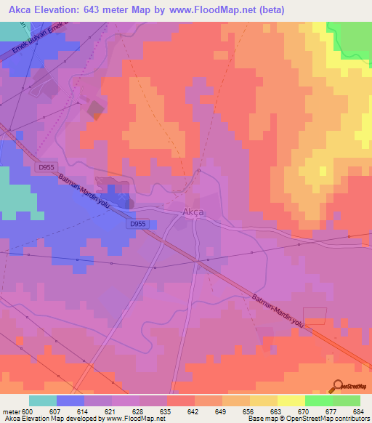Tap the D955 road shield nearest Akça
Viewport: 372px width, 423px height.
click(x=138, y=225)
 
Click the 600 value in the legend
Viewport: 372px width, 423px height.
click(x=28, y=411)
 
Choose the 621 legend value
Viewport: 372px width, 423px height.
click(x=111, y=411)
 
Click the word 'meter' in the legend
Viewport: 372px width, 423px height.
click(x=11, y=411)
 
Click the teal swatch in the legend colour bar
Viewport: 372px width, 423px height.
click(x=43, y=400)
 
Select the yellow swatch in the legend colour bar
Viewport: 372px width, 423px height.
click(x=291, y=400)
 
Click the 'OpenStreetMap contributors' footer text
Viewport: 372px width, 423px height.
click(x=326, y=419)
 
